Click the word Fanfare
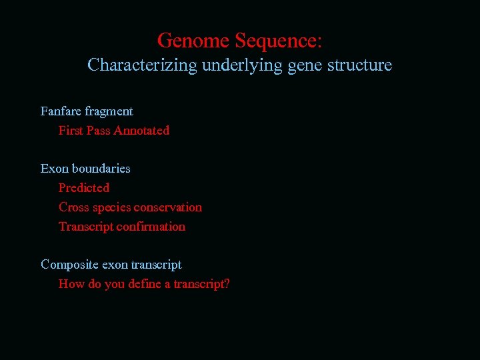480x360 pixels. click(61, 111)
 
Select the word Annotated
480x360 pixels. click(141, 131)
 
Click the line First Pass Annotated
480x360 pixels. click(114, 131)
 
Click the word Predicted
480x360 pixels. click(84, 188)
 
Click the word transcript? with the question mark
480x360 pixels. click(202, 284)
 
